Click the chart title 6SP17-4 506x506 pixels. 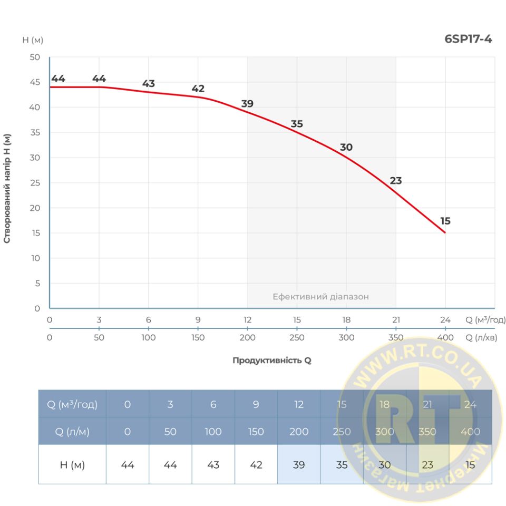pyautogui.click(x=469, y=39)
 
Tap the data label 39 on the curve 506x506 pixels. pyautogui.click(x=247, y=104)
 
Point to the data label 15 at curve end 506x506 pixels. pyautogui.click(x=445, y=221)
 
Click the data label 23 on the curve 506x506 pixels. pyautogui.click(x=396, y=181)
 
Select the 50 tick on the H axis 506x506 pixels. pyautogui.click(x=34, y=57)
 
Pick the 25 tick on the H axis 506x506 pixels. pyautogui.click(x=34, y=183)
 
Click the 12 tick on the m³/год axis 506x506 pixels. pyautogui.click(x=247, y=320)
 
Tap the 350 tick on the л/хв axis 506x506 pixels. pyautogui.click(x=396, y=338)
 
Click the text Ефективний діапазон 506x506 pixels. pyautogui.click(x=320, y=297)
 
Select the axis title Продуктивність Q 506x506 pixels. pyautogui.click(x=272, y=361)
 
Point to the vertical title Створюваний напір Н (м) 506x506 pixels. pyautogui.click(x=7, y=188)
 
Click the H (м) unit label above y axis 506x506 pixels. pyautogui.click(x=33, y=40)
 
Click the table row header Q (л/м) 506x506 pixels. pyautogui.click(x=72, y=432)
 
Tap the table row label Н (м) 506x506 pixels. pyautogui.click(x=72, y=465)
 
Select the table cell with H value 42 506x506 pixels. pyautogui.click(x=256, y=465)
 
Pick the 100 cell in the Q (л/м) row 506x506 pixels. pyautogui.click(x=213, y=432)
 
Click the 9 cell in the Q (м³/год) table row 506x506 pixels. pyautogui.click(x=256, y=405)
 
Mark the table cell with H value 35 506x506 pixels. pyautogui.click(x=342, y=465)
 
